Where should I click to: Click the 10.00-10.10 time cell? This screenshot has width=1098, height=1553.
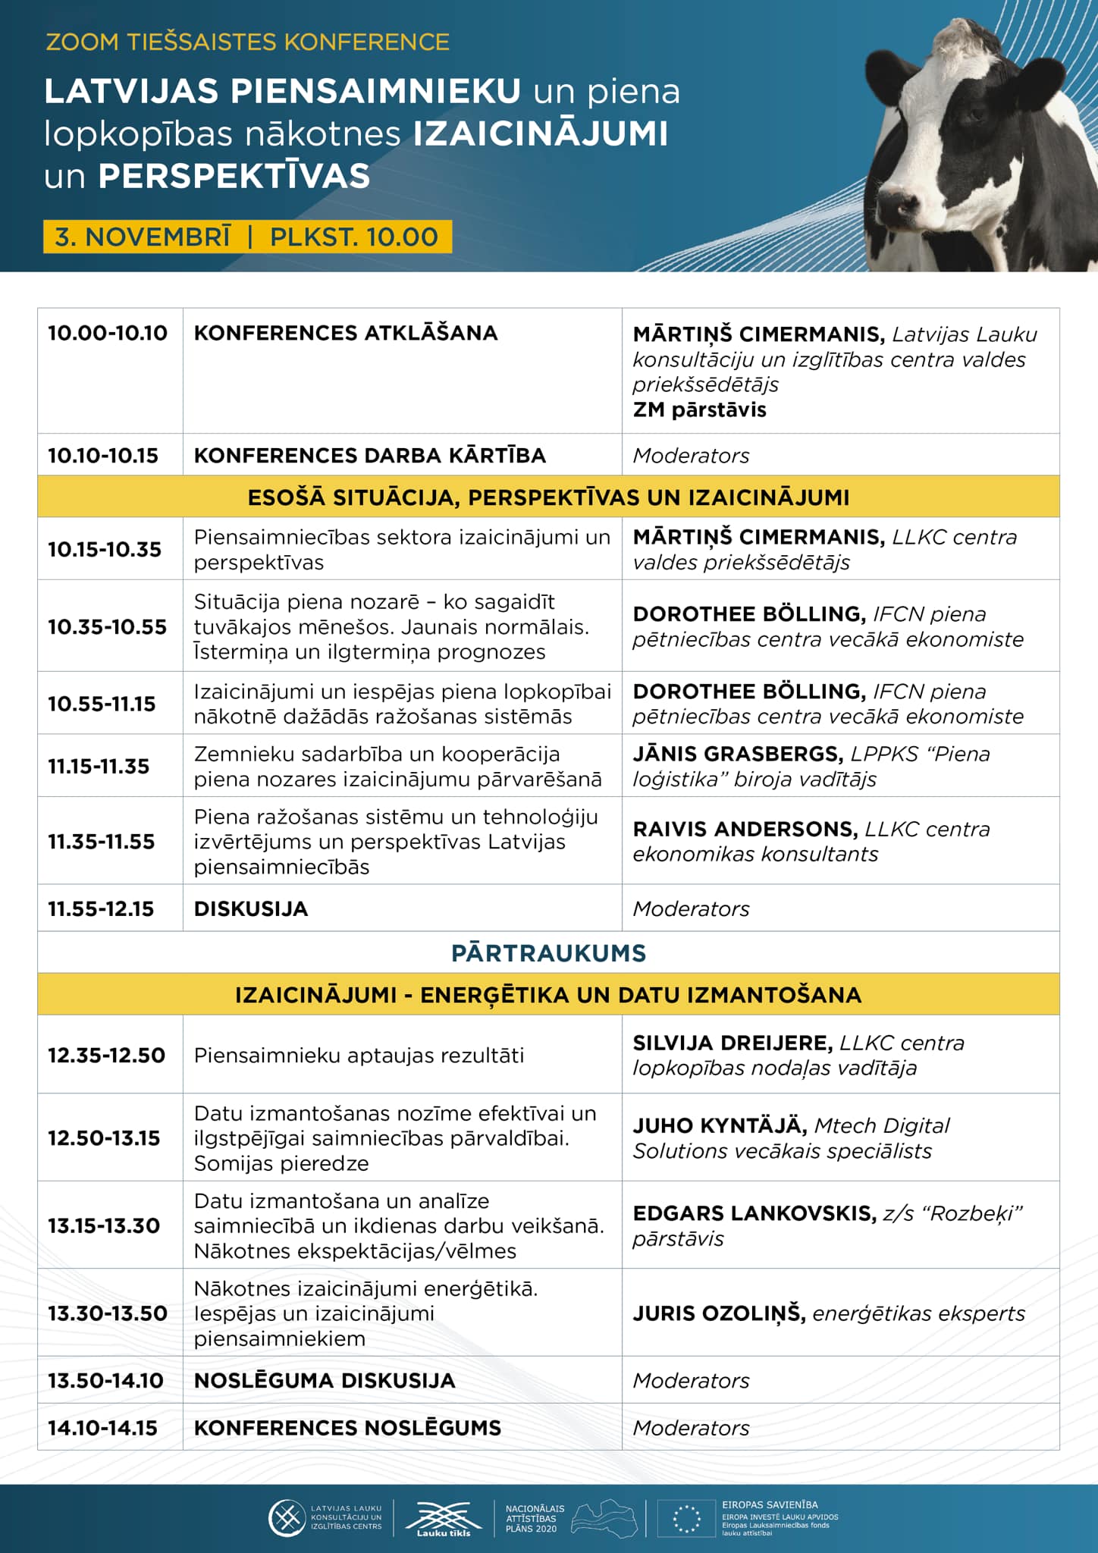[x=108, y=334]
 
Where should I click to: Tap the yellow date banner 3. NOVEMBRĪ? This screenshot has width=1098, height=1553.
[x=247, y=237]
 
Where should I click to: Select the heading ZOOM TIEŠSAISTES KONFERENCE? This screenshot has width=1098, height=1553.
[x=247, y=42]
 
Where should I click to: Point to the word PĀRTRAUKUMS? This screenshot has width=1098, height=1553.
[x=548, y=953]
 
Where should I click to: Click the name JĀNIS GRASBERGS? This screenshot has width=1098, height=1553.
[x=738, y=755]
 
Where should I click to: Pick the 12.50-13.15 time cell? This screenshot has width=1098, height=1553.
[x=105, y=1138]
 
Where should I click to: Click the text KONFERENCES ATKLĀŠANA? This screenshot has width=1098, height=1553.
[x=346, y=334]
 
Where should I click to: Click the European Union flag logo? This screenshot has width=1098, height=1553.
[x=686, y=1519]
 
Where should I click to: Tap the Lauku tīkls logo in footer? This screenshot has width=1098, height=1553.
[x=444, y=1519]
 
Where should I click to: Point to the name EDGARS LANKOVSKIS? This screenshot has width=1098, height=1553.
[x=754, y=1214]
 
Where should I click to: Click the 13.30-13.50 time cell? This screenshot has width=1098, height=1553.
[x=108, y=1314]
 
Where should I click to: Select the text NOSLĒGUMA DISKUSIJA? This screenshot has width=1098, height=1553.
[x=325, y=1381]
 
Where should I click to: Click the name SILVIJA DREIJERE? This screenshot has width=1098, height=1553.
[x=733, y=1043]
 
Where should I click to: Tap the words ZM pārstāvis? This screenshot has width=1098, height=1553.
[x=699, y=410]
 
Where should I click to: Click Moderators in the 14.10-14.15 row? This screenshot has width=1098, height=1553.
[x=691, y=1429]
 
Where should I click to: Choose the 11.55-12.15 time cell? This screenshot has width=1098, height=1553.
[x=101, y=909]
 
